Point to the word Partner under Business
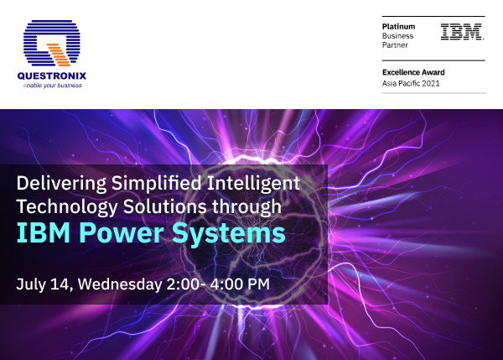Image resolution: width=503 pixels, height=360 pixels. click(396, 46)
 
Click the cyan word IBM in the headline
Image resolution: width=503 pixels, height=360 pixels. click(37, 232)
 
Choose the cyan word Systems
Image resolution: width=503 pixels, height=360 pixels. click(226, 232)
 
